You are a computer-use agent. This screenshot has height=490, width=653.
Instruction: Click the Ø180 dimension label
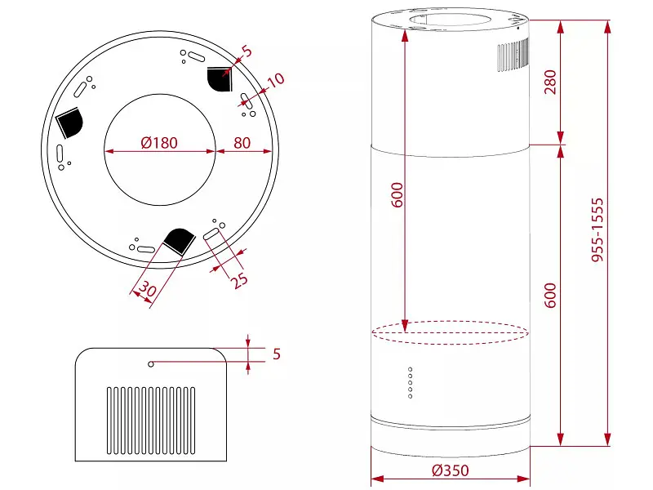(x=159, y=143)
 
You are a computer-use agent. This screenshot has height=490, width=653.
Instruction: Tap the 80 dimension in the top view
(x=242, y=143)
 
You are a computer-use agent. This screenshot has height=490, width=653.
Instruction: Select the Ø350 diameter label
(x=451, y=470)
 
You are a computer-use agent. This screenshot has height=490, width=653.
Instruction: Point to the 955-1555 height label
(x=597, y=230)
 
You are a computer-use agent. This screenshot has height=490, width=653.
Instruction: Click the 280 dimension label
(x=550, y=82)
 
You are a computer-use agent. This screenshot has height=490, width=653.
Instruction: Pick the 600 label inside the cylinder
(x=398, y=194)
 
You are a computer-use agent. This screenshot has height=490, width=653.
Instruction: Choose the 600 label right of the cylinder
(x=550, y=296)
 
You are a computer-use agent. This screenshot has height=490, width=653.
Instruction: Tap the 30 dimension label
(x=147, y=288)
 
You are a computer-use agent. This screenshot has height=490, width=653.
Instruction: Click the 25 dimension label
(x=239, y=280)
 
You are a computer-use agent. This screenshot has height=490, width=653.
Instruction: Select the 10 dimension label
(x=276, y=80)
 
